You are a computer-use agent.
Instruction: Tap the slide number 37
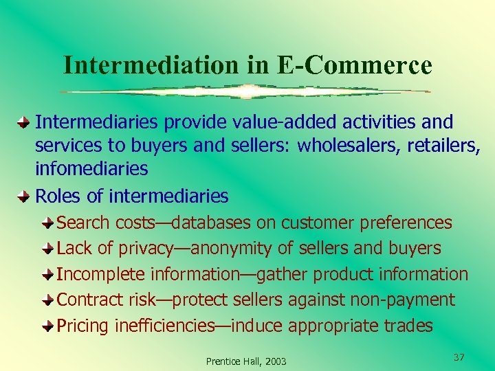(x=459, y=357)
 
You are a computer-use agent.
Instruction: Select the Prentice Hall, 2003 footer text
(x=246, y=361)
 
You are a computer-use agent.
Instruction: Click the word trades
(x=408, y=326)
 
